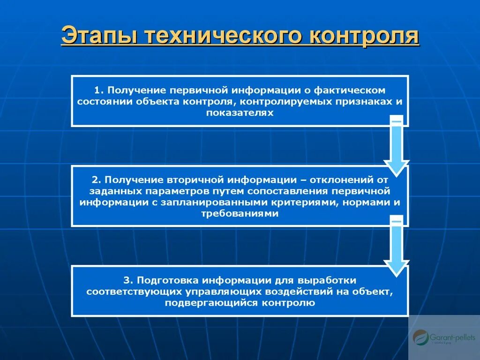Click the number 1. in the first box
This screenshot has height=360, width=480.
tap(97, 89)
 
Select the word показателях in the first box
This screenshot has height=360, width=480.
tap(240, 113)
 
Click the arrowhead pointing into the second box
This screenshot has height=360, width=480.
tap(397, 166)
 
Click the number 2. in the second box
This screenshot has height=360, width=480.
tap(96, 180)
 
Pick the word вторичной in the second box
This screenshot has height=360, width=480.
tap(198, 180)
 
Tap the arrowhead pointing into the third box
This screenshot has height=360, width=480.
tap(397, 267)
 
